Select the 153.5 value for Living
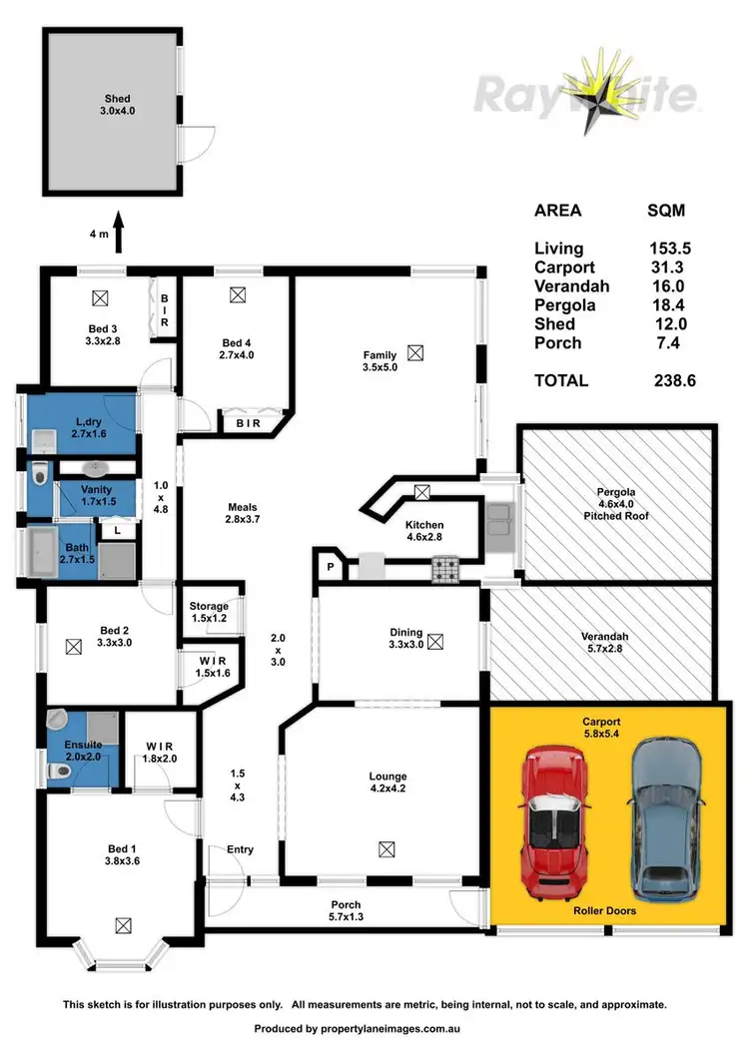[x=668, y=249]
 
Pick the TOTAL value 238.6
[x=668, y=380]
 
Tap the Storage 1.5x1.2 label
[x=210, y=612]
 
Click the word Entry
[x=240, y=849]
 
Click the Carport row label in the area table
[x=564, y=267]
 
